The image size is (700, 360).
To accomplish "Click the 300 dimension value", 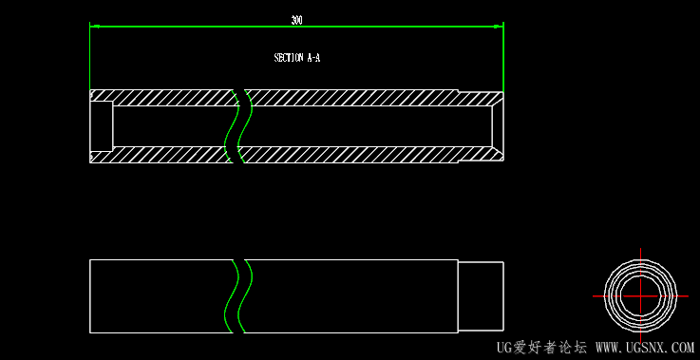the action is [296, 20].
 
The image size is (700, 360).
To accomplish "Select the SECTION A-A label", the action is [297, 58].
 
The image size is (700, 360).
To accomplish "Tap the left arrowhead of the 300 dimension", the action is [95, 27].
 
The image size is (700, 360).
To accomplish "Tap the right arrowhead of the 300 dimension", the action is [499, 27].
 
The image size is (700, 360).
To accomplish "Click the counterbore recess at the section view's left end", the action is [102, 126].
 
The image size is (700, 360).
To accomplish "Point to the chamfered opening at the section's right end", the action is [498, 126].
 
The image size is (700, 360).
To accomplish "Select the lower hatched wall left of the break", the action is [161, 155].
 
